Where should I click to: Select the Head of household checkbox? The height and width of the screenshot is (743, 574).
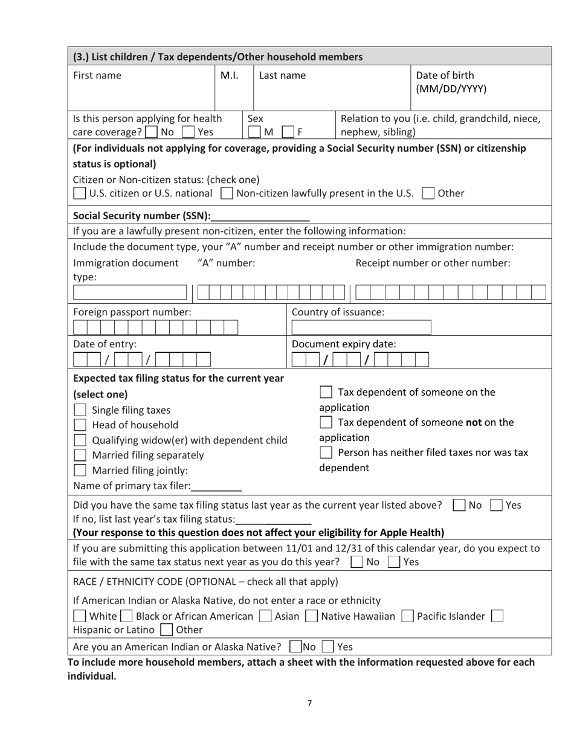(80, 425)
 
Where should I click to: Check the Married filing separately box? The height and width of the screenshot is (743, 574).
(80, 455)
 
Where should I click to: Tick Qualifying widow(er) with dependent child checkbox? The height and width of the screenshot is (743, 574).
(80, 440)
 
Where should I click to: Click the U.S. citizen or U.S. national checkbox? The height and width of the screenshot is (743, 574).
(79, 194)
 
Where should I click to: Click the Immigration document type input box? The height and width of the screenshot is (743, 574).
(130, 293)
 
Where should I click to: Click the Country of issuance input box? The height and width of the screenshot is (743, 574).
(361, 327)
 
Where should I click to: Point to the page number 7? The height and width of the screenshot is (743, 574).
(309, 703)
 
